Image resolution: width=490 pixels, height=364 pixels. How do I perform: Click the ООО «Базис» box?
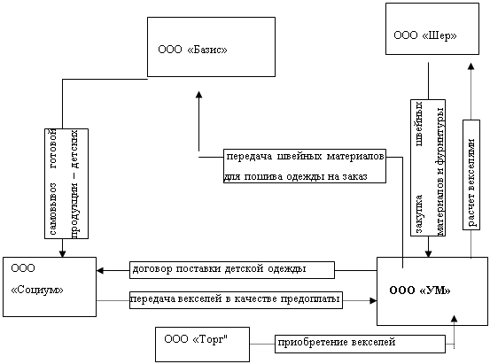point(211,47)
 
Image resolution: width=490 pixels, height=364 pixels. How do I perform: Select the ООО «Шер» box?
point(432,29)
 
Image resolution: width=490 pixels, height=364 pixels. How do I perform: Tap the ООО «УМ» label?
point(420,290)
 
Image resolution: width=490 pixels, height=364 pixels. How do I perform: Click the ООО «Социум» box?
point(50,287)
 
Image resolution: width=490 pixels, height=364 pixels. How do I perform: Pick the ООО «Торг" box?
point(203,345)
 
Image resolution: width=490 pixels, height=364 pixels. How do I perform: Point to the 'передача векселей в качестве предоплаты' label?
point(236,300)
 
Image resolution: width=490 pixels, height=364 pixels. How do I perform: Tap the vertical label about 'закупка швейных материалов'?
point(428,167)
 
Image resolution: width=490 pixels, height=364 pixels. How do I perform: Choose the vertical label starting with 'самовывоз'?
point(66,183)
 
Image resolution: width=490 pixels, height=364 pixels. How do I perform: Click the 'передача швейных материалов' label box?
point(305,166)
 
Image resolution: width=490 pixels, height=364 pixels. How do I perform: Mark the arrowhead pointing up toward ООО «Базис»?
point(198,95)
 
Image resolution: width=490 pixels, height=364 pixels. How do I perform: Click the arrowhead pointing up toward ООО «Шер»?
point(471,66)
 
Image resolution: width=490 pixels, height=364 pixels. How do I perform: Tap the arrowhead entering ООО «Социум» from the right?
point(100,270)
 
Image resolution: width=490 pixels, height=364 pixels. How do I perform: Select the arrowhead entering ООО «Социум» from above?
point(63,253)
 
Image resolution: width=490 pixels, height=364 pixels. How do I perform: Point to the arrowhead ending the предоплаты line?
point(373,300)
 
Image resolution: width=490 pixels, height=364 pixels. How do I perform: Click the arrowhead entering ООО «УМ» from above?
point(428,253)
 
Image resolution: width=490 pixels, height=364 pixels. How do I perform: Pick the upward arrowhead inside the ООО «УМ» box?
point(454,318)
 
